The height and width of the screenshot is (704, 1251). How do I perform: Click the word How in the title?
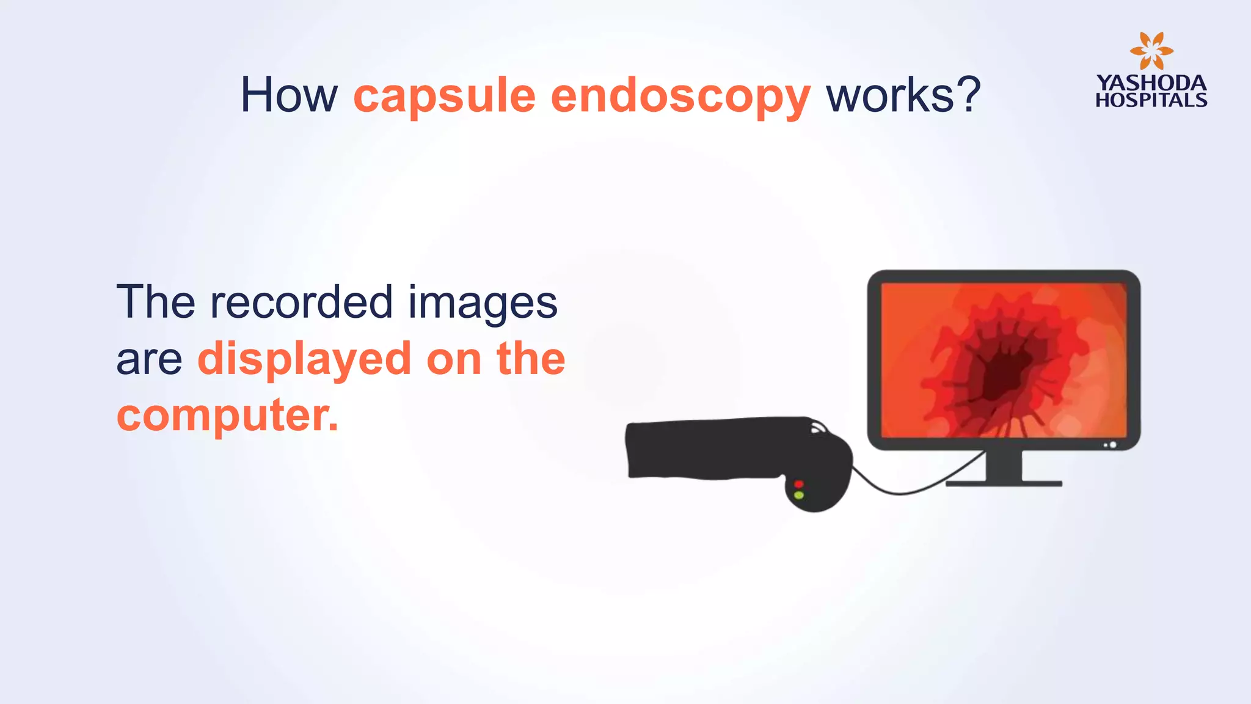click(x=289, y=95)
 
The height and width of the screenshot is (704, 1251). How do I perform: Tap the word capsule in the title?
click(x=444, y=97)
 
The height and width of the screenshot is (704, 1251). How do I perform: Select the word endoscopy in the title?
click(x=680, y=97)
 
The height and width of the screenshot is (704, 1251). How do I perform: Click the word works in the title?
click(x=889, y=95)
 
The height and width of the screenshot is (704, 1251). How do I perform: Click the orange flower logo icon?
click(x=1151, y=51)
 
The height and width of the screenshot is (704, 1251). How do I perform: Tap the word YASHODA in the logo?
click(x=1151, y=82)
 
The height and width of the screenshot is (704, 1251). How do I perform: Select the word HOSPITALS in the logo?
click(x=1151, y=100)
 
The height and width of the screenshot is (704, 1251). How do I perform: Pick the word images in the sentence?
click(x=483, y=304)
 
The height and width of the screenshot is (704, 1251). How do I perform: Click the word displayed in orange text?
click(x=304, y=359)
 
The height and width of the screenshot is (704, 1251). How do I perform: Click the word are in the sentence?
click(x=149, y=361)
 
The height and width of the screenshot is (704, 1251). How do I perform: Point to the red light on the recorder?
click(x=798, y=485)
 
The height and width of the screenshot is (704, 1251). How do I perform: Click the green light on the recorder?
click(x=798, y=495)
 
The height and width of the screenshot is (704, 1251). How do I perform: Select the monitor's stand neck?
click(x=1004, y=466)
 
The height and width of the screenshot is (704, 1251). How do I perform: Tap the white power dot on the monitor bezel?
click(x=1113, y=445)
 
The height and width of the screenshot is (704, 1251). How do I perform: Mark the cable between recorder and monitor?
click(x=904, y=493)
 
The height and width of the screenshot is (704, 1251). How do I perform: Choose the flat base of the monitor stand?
click(x=1004, y=484)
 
